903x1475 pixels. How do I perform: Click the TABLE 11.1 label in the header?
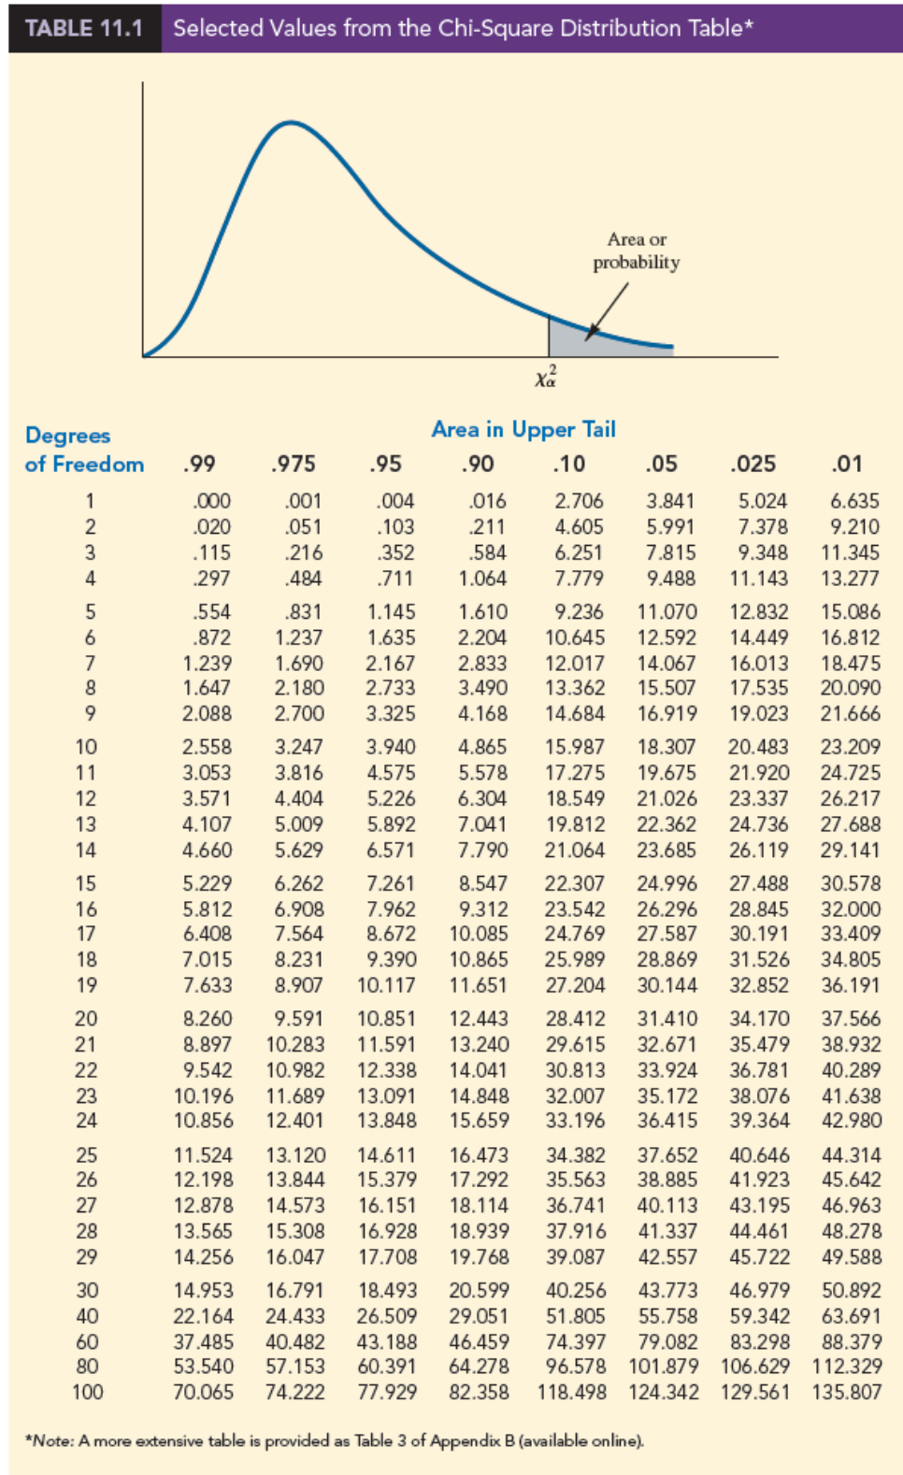point(84,28)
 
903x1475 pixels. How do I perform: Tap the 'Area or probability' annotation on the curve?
point(637,251)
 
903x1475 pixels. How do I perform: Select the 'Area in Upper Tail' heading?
point(523,429)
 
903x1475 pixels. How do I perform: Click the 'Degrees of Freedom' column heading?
point(83,450)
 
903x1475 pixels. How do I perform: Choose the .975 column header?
point(294,464)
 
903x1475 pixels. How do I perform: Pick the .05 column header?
point(661,464)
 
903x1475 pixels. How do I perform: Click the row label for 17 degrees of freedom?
point(86,934)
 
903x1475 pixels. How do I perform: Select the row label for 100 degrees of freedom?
point(87,1392)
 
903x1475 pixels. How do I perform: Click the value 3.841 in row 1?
point(671,501)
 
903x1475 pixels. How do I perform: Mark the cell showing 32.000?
point(851,909)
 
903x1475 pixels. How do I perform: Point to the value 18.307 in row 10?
point(666,747)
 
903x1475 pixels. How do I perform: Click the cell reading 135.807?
point(847,1392)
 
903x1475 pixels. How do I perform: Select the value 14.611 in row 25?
point(387,1155)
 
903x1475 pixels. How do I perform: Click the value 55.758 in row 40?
point(667,1316)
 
